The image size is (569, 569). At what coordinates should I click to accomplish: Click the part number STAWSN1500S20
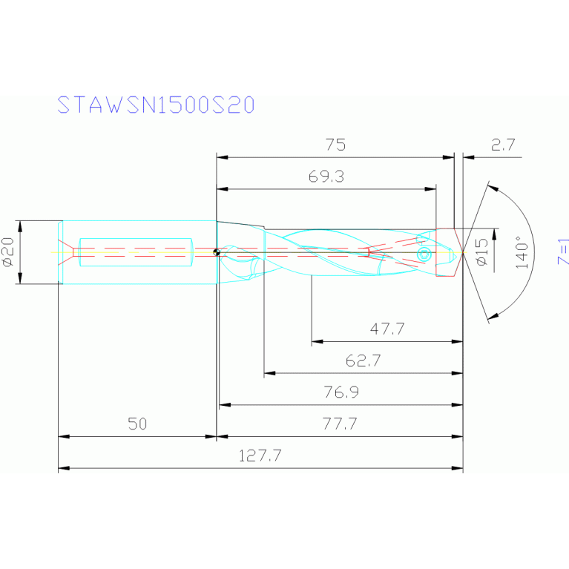[156, 105]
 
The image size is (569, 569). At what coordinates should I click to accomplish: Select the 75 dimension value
[335, 145]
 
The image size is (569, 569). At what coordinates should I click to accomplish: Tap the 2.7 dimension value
[503, 145]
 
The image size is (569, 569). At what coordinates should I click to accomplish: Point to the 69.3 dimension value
[326, 177]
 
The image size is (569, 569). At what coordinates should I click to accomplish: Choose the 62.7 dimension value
[363, 361]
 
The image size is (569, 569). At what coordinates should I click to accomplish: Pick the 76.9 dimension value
[341, 392]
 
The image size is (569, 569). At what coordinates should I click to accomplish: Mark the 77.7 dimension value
[340, 424]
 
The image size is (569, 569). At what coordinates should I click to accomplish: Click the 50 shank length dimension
[137, 424]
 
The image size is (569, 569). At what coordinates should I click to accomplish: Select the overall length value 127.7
[260, 456]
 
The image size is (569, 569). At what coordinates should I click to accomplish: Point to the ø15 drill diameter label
[483, 252]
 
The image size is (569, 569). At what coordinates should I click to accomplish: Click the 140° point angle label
[522, 252]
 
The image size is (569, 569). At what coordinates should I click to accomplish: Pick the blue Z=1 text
[563, 252]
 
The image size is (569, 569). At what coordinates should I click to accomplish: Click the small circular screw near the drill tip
[423, 254]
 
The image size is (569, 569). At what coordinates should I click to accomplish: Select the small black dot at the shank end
[216, 252]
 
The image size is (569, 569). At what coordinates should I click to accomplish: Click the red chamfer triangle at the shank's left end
[68, 252]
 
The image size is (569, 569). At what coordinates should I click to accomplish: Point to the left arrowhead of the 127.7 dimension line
[63, 469]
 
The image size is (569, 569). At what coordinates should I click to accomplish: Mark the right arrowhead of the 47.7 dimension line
[458, 342]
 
